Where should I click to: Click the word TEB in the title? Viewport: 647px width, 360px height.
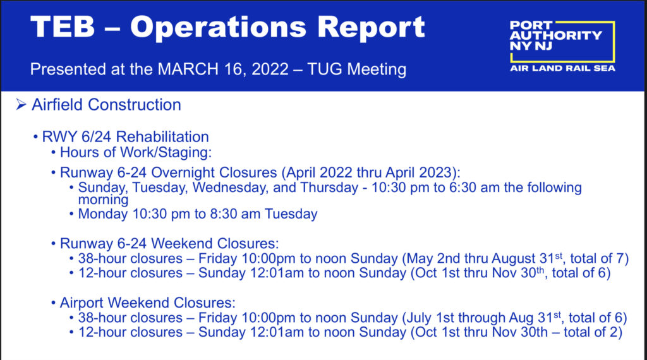point(63,27)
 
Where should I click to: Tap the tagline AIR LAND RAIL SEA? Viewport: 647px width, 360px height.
point(562,68)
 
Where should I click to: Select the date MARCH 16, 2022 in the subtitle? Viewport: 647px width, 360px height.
point(223,69)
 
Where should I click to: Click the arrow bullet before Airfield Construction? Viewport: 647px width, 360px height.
point(21,105)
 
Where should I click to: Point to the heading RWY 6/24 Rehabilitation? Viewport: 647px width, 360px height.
point(126,136)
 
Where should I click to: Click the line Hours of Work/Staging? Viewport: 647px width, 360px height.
point(136,152)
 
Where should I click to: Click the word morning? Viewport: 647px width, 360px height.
point(103,200)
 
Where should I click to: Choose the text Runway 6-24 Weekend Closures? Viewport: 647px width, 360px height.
point(169,243)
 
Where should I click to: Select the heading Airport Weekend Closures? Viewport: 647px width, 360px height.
point(148,303)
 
